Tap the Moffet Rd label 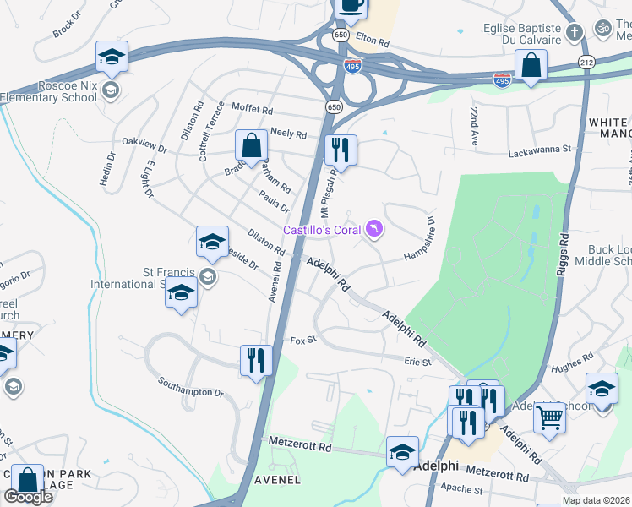(x=253, y=110)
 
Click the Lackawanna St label (x=540, y=152)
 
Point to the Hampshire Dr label (x=419, y=240)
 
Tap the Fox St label (x=302, y=340)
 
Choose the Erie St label (x=417, y=361)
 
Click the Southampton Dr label (x=191, y=388)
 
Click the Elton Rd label (x=372, y=41)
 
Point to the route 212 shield (x=587, y=63)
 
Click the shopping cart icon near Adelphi (x=549, y=416)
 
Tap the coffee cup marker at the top (x=351, y=5)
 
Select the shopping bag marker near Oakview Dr (x=251, y=145)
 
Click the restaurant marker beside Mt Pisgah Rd (x=341, y=150)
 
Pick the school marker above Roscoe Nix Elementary (x=112, y=57)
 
